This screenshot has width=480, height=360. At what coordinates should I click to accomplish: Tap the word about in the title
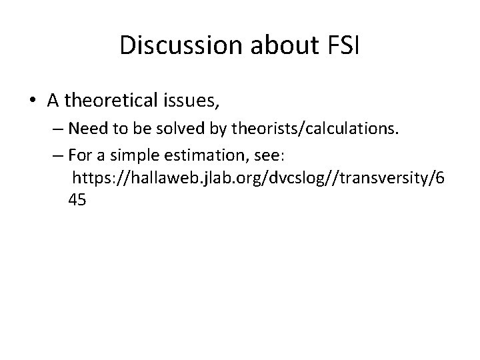click(274, 45)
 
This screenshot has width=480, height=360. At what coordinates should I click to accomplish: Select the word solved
click(175, 127)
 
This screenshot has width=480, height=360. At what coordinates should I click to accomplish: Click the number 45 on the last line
click(77, 199)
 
